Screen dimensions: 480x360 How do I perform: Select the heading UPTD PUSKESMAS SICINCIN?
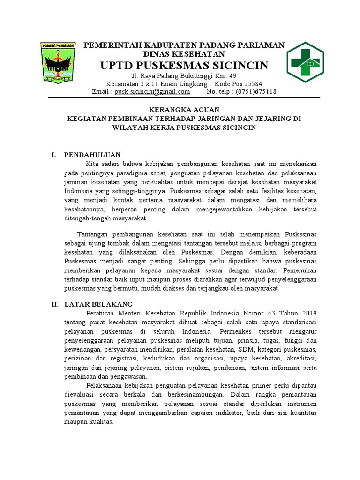184,65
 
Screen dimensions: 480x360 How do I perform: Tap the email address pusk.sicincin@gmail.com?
152,92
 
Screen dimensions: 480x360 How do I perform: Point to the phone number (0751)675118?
255,92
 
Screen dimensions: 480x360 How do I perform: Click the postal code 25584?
263,84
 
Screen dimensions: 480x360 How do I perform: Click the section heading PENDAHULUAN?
92,154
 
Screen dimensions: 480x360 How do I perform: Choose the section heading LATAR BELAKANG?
98,304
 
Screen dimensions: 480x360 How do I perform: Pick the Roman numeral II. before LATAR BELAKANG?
55,304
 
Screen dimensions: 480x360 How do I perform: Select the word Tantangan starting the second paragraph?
93,234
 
